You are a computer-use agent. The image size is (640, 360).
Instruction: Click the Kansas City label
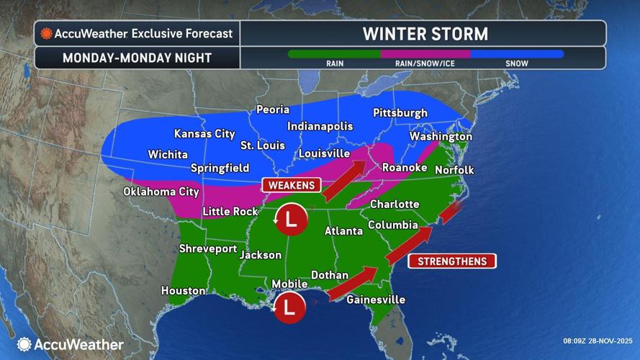205,134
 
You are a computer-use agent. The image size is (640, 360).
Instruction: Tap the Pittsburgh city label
400,113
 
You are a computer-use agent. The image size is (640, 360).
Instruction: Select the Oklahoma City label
161,192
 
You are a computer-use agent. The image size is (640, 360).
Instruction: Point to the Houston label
184,291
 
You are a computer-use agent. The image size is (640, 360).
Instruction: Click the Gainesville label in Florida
376,300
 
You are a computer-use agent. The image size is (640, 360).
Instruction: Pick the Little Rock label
230,211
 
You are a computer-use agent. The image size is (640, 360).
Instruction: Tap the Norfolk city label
454,170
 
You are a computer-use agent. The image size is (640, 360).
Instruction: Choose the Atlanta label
343,231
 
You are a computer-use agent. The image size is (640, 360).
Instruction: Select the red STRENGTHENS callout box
452,261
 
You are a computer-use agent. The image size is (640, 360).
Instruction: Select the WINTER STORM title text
424,34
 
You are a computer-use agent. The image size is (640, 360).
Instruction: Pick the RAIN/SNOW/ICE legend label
425,63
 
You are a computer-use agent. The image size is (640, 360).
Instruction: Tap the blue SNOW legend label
516,63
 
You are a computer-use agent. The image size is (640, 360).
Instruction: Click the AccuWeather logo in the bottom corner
71,345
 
